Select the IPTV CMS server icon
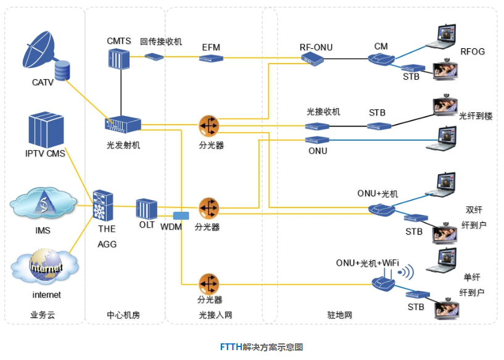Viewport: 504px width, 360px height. tap(46, 129)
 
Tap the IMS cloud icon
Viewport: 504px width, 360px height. tap(44, 203)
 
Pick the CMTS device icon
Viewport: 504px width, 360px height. tap(118, 59)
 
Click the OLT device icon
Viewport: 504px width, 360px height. tap(147, 208)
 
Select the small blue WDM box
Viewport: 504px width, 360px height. tap(181, 216)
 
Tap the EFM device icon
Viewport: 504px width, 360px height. tap(210, 58)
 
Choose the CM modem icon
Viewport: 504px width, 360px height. tap(381, 59)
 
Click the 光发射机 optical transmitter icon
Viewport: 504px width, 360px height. tap(123, 125)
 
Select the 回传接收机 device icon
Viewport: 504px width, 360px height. tap(154, 56)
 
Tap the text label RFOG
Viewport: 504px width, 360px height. tap(473, 52)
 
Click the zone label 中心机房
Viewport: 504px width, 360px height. tap(123, 315)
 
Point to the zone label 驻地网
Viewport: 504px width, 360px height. tap(339, 315)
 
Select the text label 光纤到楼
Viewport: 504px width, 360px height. tap(475, 115)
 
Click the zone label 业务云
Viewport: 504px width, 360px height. tap(43, 315)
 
